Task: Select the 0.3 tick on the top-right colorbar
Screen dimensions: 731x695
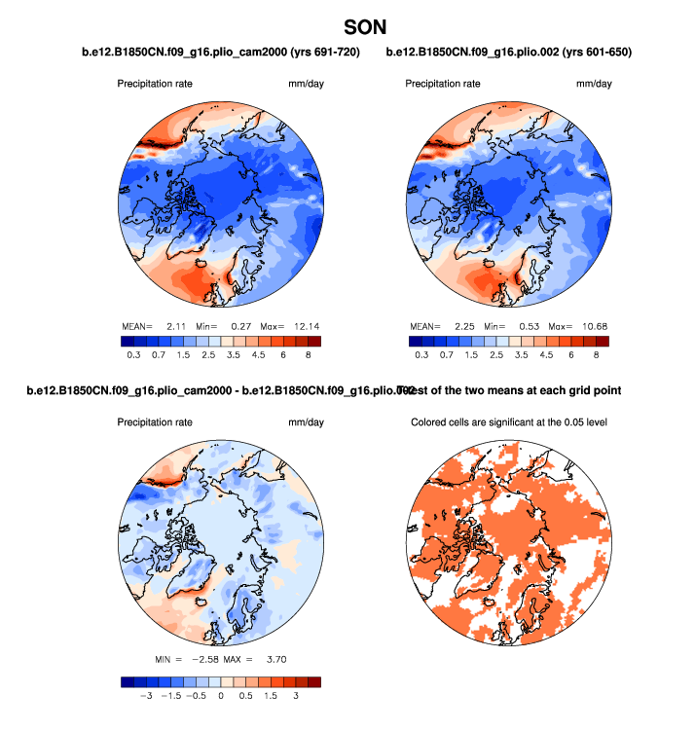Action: click(x=421, y=355)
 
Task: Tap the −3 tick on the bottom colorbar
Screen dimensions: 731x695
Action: click(x=147, y=697)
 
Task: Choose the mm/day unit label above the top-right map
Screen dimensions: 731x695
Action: click(x=594, y=84)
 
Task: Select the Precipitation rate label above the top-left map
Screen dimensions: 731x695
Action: click(x=155, y=84)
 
